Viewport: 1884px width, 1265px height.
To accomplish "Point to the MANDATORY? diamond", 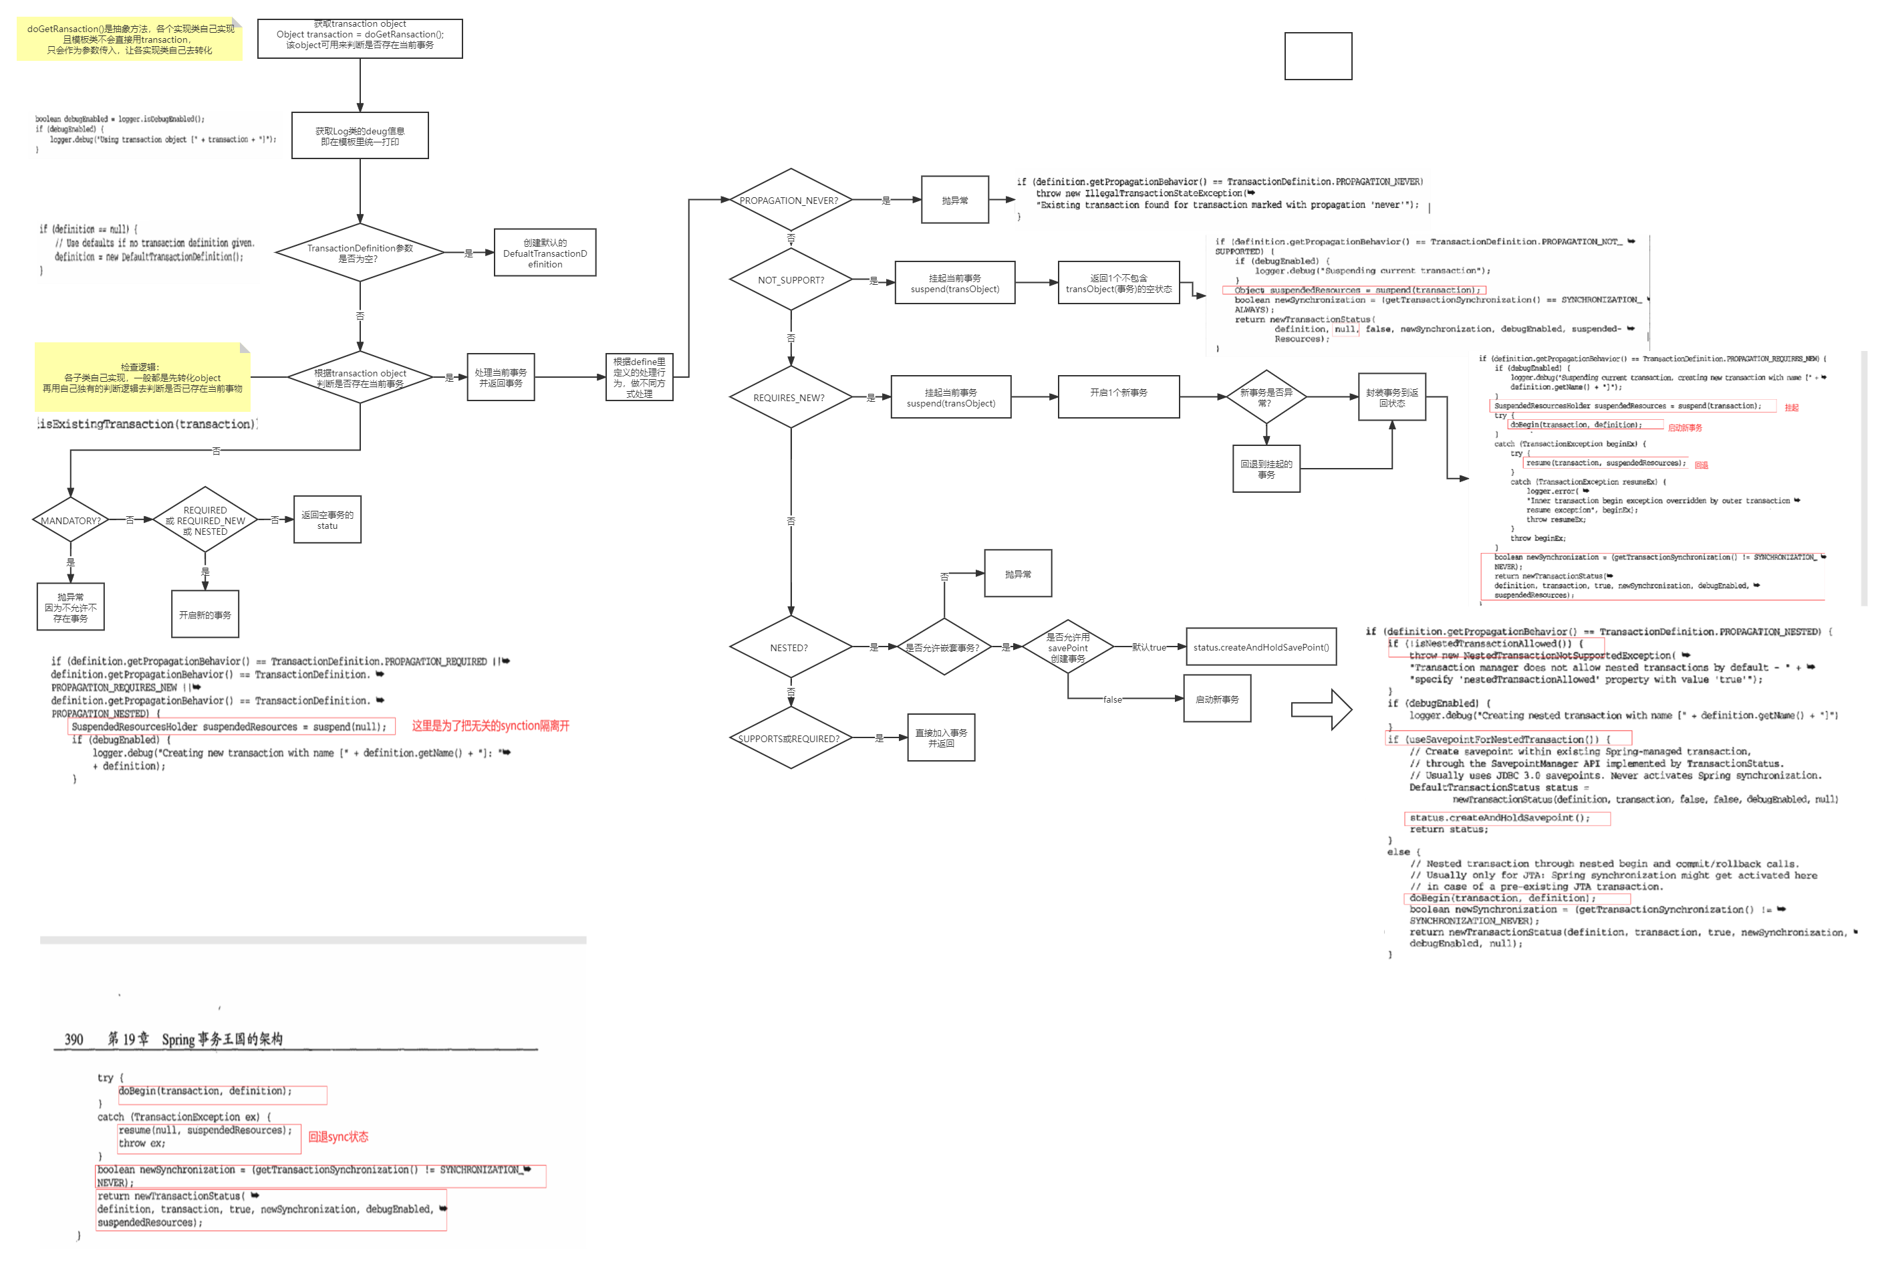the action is (x=71, y=520).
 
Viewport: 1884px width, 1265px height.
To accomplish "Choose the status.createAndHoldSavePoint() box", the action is (x=1260, y=647).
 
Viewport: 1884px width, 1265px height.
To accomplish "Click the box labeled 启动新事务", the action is (x=1216, y=699).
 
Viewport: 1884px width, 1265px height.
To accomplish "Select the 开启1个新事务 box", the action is (x=1119, y=394).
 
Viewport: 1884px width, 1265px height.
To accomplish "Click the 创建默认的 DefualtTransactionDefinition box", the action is (x=545, y=253).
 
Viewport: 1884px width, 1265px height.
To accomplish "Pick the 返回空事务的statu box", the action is (x=327, y=520).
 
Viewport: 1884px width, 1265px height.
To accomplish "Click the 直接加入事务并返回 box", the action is (x=941, y=738).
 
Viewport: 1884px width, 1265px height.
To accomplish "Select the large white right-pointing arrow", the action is (x=1321, y=710).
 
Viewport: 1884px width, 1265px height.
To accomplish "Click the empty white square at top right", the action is (x=1318, y=56).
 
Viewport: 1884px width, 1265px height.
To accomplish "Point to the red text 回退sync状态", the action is (x=338, y=1137).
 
